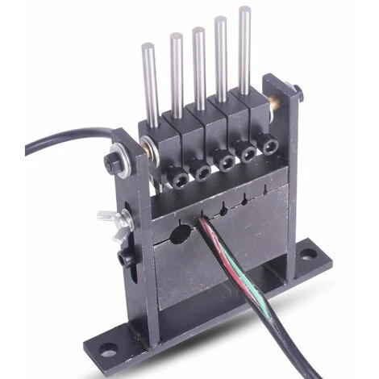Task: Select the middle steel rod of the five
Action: click(x=198, y=65)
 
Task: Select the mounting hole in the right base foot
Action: click(x=307, y=254)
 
